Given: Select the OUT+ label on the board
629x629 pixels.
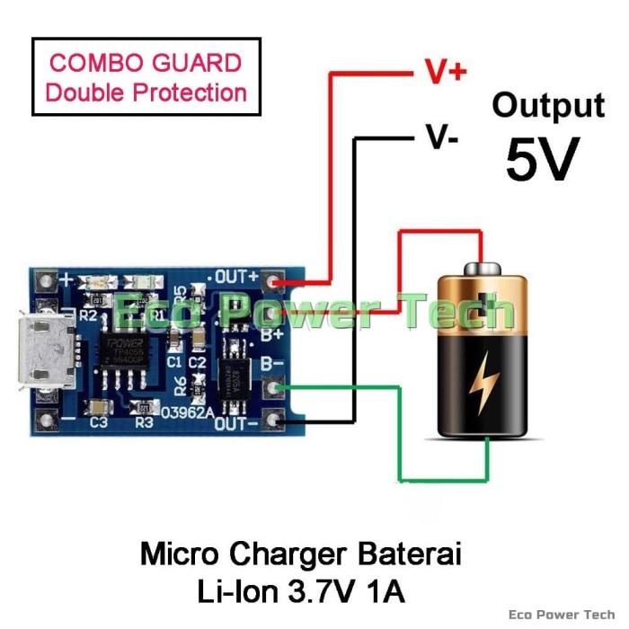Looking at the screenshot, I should tap(236, 277).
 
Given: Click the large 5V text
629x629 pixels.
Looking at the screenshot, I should tap(542, 159).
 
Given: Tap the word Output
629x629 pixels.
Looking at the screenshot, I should tap(547, 105).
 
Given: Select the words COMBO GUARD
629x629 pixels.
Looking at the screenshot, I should tap(146, 63).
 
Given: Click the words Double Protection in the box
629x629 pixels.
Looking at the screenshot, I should tap(146, 92).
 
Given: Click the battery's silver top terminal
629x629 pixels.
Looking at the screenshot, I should tap(487, 268).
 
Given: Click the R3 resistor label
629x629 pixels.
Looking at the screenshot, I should tap(145, 421).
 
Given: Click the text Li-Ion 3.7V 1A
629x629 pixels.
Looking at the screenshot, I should tap(301, 591).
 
